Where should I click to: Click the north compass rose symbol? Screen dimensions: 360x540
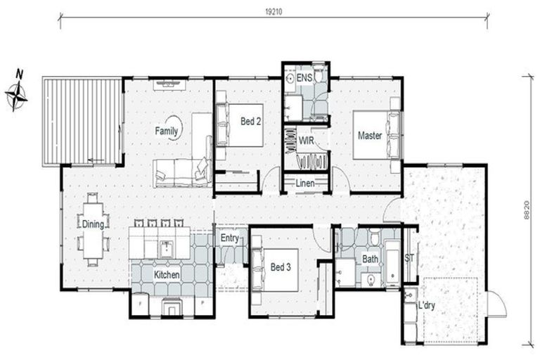[17, 94]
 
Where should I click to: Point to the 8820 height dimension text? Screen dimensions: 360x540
[526, 209]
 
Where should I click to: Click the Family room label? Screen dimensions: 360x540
[167, 131]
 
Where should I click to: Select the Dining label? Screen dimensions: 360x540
[93, 225]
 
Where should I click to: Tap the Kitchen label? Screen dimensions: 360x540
[167, 275]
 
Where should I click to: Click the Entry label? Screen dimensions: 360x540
[230, 238]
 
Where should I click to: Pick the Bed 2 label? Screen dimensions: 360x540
[251, 122]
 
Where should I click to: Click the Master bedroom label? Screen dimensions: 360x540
[370, 135]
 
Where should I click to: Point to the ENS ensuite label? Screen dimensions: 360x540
[304, 77]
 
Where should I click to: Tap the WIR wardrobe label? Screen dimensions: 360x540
[306, 141]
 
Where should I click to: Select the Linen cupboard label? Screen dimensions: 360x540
[305, 184]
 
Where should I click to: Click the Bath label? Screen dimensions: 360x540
[370, 259]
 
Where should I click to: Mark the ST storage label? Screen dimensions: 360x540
[410, 258]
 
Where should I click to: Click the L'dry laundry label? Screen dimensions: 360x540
[426, 307]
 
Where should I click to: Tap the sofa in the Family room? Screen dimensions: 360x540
[181, 172]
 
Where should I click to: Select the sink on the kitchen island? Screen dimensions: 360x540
[167, 247]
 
